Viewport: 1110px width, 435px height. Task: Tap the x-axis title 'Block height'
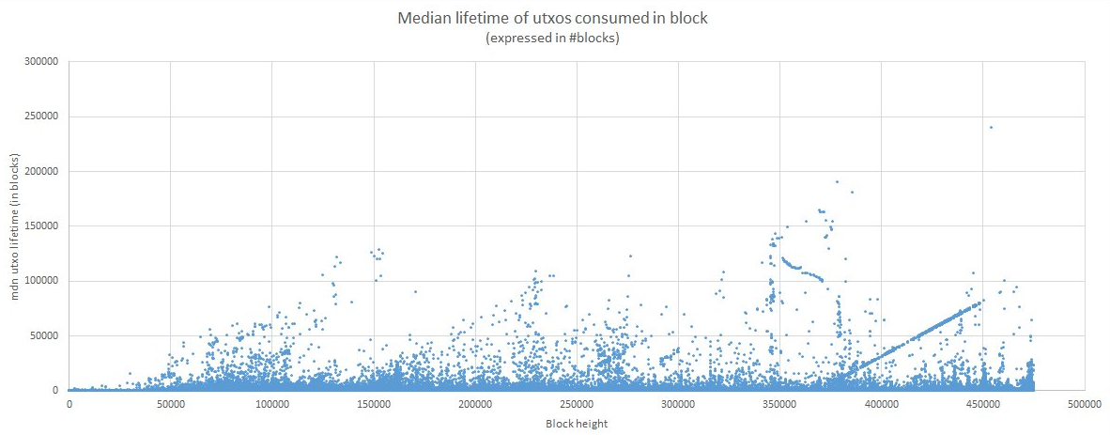[x=577, y=424]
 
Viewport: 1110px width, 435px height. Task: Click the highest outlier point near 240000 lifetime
[x=991, y=128]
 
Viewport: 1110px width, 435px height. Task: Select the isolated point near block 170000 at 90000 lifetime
[x=415, y=291]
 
